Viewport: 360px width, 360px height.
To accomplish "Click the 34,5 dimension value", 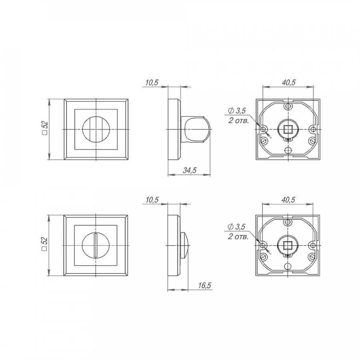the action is point(190,170).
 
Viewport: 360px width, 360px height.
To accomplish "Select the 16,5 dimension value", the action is point(204,285).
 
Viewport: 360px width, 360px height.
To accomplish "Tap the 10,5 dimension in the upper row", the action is point(152,82).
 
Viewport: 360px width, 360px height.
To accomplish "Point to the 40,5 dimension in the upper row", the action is point(288,82).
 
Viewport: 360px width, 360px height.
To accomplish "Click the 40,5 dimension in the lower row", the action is point(288,200).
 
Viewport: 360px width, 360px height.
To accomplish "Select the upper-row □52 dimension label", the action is point(45,128).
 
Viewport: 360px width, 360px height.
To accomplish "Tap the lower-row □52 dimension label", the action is point(44,244).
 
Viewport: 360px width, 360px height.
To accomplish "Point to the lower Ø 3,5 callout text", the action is point(236,227).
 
